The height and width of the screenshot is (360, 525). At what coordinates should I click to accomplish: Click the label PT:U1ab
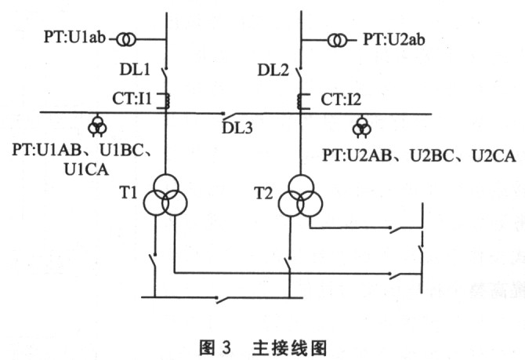(x=74, y=37)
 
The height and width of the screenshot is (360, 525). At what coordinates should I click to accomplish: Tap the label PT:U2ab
(x=394, y=39)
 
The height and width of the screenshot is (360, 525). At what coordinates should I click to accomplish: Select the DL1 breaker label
(x=135, y=70)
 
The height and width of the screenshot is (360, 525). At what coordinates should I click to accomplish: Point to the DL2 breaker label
(x=273, y=71)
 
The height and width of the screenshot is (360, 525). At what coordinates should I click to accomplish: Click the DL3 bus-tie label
(x=237, y=128)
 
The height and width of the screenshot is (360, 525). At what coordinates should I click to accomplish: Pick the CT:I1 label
(x=132, y=99)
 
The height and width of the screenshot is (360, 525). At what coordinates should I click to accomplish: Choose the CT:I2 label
(x=341, y=100)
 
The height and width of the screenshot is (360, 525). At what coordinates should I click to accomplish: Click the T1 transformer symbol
(x=165, y=195)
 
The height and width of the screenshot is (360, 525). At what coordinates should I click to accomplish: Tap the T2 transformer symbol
(x=301, y=196)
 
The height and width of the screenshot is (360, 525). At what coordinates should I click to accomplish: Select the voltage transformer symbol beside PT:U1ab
(x=127, y=40)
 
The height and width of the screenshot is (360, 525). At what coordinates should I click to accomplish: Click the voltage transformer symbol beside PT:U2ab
(x=337, y=41)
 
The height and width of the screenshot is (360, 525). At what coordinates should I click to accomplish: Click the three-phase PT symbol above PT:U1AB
(x=97, y=126)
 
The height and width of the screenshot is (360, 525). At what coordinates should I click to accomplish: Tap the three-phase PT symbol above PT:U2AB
(x=361, y=127)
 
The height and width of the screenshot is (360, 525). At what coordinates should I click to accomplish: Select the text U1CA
(x=86, y=169)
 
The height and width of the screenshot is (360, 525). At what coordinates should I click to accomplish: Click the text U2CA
(x=494, y=156)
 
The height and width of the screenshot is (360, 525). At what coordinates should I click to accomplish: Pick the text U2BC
(x=432, y=156)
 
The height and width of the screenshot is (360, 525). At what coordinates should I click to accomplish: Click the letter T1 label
(x=129, y=193)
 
